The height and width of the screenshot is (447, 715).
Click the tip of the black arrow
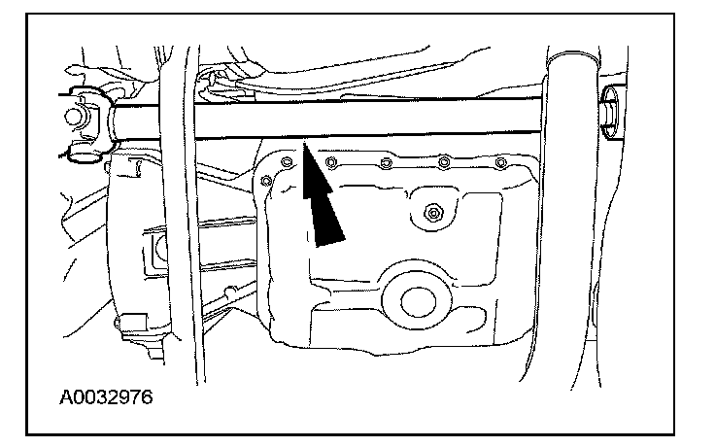(304, 146)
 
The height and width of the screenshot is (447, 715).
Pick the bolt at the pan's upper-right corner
(501, 161)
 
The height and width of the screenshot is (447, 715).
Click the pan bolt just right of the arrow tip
(332, 161)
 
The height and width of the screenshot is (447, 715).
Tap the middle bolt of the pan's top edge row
(387, 161)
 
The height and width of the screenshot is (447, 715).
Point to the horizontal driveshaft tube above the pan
(389, 120)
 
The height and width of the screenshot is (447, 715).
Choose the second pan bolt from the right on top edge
(445, 161)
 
